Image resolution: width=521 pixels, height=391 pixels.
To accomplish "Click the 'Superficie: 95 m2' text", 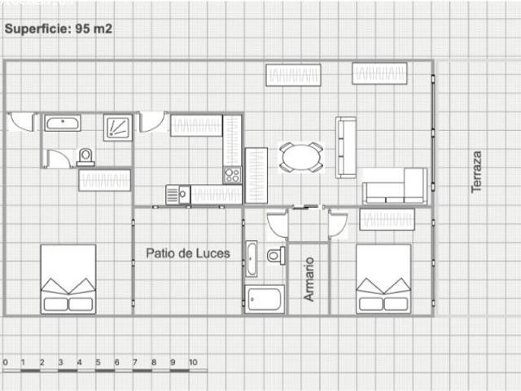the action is click(59, 29).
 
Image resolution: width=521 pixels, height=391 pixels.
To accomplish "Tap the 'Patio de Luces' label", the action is click(188, 253).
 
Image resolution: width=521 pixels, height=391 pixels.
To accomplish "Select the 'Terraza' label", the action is click(476, 172).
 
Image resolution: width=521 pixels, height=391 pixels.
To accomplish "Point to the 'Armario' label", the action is click(309, 279).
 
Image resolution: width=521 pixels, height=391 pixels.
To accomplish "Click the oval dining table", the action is click(300, 157).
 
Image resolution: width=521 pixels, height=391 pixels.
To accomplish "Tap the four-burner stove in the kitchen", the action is click(232, 175).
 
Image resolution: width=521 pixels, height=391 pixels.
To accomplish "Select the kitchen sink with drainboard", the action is click(178, 195).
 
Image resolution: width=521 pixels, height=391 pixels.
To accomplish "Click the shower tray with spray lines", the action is click(117, 128).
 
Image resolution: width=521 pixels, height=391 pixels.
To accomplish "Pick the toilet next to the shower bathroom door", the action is click(85, 157).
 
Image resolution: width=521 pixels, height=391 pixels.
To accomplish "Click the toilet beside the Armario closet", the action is click(276, 255).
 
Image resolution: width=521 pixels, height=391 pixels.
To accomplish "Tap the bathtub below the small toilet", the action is click(265, 299).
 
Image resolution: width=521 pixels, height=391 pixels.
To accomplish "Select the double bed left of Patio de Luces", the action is click(68, 279).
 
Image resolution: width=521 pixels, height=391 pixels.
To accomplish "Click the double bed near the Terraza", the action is click(383, 279).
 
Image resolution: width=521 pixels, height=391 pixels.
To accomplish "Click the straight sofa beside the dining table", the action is click(345, 147).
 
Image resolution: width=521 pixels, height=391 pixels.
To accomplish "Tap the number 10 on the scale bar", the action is click(193, 362).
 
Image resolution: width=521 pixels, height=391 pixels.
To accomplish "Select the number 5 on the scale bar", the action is click(98, 362).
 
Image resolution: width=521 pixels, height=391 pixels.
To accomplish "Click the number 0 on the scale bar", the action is click(6, 362).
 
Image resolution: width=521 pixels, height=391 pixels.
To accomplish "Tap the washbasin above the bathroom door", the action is click(63, 123).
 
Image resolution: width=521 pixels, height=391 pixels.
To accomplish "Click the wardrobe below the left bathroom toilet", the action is click(105, 180).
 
